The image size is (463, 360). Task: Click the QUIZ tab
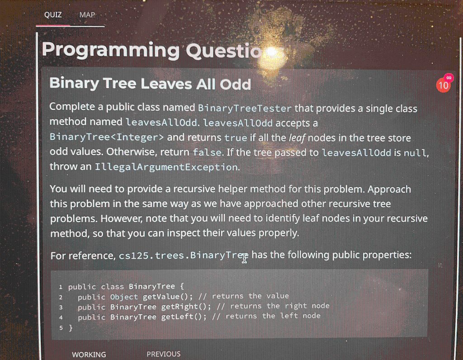pos(53,15)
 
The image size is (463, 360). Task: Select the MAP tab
pos(87,15)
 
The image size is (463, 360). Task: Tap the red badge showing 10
pos(444,85)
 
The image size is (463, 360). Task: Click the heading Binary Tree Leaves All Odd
pos(150,84)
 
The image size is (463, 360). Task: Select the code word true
pos(236,137)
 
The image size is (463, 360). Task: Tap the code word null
pos(415,152)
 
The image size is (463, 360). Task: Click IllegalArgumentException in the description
pos(166,167)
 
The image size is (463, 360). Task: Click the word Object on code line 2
pos(124,297)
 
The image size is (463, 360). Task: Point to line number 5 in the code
pos(61,327)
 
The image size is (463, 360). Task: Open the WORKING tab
pos(89,355)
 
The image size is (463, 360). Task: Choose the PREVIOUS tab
pos(163,354)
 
